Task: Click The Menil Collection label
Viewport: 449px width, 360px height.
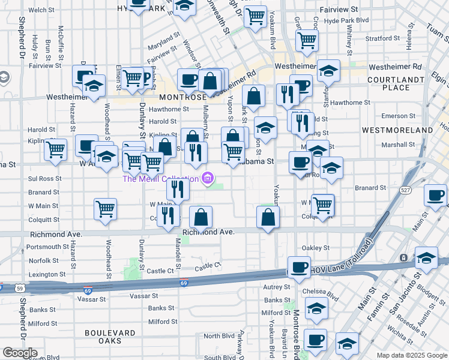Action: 160,178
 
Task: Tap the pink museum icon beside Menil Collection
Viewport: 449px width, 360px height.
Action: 208,178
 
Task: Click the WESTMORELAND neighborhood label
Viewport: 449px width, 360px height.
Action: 398,130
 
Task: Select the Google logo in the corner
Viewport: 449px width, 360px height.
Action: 20,353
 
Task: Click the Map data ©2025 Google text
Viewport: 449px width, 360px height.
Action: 412,355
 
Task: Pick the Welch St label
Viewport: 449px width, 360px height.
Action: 41,10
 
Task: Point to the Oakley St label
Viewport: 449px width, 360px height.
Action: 316,247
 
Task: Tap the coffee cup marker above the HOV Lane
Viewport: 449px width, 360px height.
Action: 299,266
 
